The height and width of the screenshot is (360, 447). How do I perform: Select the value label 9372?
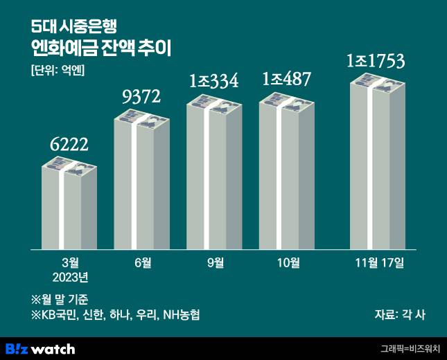[x=142, y=98]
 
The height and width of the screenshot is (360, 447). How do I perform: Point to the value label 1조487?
[x=287, y=80]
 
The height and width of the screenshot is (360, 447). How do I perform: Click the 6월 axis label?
[x=142, y=263]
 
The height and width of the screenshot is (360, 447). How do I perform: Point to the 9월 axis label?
[x=215, y=263]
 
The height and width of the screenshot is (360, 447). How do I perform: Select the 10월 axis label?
[x=287, y=263]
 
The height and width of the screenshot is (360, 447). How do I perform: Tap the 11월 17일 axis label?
[x=378, y=263]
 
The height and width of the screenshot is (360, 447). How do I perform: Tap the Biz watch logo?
[x=40, y=348]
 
